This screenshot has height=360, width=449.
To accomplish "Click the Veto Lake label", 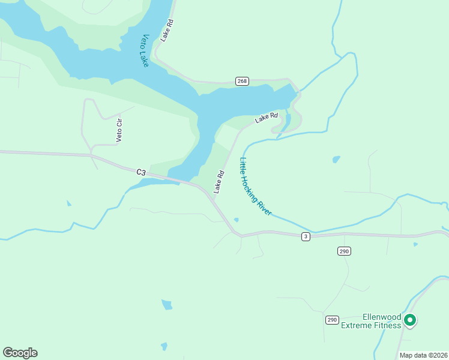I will pos(136,50).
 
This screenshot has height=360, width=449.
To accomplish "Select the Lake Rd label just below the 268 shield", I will pos(266,118).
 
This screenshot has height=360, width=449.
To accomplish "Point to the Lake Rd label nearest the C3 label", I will pos(219,182).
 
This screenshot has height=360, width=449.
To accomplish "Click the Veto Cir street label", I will pos(119,131).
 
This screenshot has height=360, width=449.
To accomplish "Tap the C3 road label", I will pos(141,172).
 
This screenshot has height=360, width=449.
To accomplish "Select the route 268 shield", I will pos(242,82).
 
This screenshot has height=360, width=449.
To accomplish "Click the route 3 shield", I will pos(306,237).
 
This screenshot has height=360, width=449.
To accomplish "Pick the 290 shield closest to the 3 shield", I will pos(344,251).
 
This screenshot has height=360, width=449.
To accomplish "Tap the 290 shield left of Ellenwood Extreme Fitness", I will pos(332,320).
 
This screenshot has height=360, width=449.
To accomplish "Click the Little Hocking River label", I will pos(256,187).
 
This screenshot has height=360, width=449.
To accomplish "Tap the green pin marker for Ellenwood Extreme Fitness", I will pos(410,320).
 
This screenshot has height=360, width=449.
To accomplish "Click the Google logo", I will pos(20,352).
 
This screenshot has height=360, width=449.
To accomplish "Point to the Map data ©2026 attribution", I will pos(423,355).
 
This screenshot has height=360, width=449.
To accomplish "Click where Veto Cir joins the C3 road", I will pos(91,155).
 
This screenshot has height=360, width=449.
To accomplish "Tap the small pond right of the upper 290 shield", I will pos(415,244).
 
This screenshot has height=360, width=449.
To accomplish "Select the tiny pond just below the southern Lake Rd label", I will pos(237,220).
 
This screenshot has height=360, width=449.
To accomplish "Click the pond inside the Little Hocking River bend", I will pos(336,160).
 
